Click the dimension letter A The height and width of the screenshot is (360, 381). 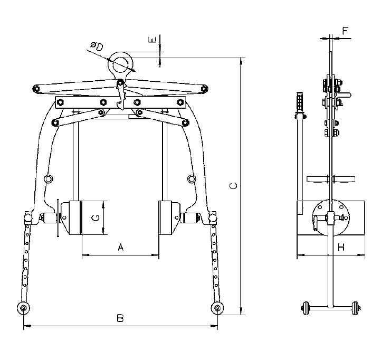121,247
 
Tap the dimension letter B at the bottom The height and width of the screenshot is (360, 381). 120,318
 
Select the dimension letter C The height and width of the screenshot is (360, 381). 233,186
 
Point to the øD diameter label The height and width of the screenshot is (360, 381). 97,46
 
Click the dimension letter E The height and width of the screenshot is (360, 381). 153,40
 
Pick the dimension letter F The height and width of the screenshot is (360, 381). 345,31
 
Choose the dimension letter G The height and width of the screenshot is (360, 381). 96,218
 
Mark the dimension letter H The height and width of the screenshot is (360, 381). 341,247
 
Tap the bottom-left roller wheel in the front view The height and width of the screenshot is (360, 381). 23,308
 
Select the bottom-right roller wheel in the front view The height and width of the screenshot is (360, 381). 217,308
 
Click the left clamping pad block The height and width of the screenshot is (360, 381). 75,218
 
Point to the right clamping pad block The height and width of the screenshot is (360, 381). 165,218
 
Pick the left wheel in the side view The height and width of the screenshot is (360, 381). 306,308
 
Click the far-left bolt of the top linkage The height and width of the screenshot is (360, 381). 36,89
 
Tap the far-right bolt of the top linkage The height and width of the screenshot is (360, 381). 204,89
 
